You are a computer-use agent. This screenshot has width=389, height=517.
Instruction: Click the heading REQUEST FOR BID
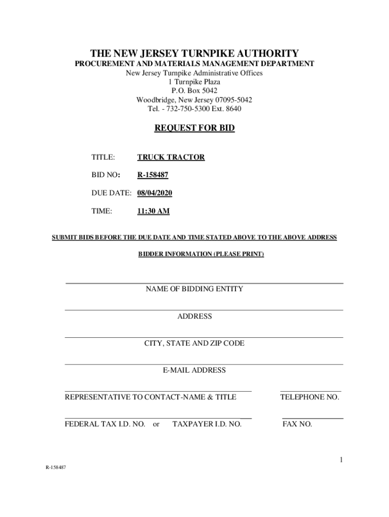[194, 128]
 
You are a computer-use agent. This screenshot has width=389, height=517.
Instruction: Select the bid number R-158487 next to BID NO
[153, 175]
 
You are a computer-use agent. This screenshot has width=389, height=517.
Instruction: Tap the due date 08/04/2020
[155, 193]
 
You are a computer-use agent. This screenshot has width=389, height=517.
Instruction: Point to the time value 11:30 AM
[153, 212]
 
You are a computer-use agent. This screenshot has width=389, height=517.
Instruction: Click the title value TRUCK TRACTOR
[171, 157]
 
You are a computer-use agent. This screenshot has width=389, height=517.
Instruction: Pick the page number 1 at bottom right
[342, 459]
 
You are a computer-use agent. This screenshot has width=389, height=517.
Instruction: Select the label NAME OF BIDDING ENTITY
[194, 289]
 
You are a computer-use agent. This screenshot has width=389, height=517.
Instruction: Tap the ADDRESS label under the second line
[194, 317]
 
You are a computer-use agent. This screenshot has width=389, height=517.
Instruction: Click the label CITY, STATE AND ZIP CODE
[194, 343]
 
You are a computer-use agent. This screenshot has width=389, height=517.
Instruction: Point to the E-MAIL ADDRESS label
[194, 370]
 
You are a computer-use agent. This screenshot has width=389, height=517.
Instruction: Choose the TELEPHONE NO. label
[310, 397]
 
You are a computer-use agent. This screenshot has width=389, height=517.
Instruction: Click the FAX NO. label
[297, 424]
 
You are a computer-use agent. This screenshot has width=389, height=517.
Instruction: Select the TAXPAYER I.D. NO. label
[207, 424]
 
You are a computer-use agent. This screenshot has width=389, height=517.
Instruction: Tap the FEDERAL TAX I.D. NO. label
[105, 424]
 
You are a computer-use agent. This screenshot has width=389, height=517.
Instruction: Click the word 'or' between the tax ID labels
[156, 424]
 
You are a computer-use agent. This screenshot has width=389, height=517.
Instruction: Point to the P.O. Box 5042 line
[194, 91]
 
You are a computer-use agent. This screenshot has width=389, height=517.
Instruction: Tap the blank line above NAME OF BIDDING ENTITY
[204, 283]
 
